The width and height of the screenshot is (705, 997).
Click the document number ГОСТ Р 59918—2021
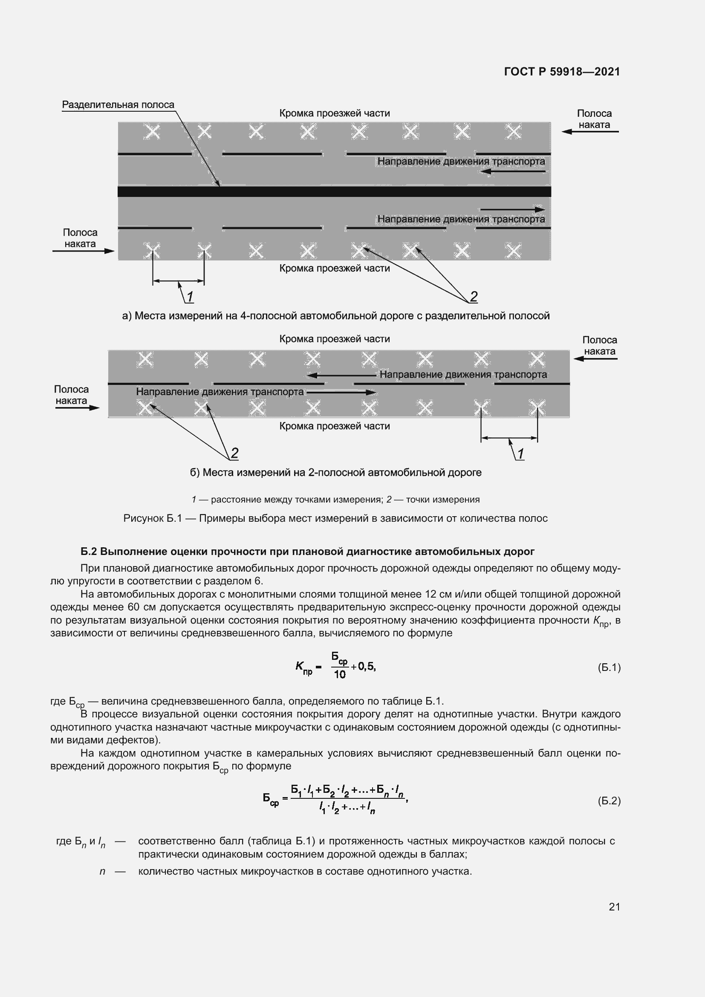562,72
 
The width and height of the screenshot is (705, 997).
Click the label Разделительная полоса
118,105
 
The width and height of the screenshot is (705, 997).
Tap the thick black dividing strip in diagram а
334,191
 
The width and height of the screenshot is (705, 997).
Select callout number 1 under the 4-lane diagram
190,297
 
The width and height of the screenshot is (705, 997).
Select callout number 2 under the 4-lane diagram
474,297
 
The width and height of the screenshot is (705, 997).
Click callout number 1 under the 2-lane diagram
520,454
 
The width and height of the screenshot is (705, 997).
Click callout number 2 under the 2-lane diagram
234,454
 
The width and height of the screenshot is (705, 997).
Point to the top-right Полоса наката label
594,119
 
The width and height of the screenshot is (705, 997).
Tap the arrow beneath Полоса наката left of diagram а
84,251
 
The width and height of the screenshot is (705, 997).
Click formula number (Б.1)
609,668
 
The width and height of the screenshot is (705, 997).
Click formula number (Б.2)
609,801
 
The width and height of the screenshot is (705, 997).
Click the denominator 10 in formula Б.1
339,674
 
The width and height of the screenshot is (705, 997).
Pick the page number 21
614,907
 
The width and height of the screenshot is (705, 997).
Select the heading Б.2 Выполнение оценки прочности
307,552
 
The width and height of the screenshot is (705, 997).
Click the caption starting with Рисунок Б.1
335,518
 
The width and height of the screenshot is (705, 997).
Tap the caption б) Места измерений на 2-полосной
335,472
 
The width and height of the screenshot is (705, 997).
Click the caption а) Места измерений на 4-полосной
335,316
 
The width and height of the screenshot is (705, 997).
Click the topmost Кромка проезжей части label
334,113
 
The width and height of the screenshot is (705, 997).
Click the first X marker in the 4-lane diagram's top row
152,132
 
